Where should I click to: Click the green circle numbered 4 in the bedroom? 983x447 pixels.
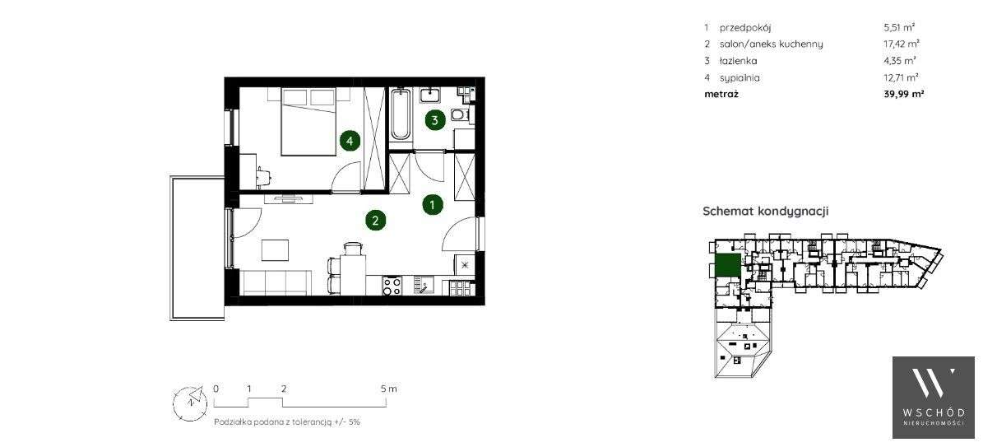(350, 142)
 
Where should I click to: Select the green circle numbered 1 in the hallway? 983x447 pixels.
(431, 204)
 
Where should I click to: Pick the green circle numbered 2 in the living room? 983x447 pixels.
(375, 220)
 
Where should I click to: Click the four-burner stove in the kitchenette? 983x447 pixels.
(392, 286)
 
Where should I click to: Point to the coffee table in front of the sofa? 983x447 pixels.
(275, 249)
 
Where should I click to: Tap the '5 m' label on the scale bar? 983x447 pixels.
(388, 388)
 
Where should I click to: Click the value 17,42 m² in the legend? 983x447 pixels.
(902, 44)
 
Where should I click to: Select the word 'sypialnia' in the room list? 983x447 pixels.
(740, 77)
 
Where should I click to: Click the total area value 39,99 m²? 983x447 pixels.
(903, 94)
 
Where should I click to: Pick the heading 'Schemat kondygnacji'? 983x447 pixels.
(765, 212)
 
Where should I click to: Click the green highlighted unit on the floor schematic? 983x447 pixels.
(726, 266)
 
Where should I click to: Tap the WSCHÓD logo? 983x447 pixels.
(934, 397)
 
